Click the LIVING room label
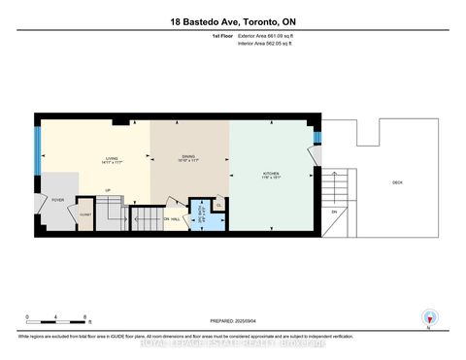tap(112, 161)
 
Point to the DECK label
tap(398, 183)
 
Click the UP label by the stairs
tap(108, 190)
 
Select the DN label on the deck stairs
tap(333, 212)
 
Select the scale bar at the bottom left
tap(57, 323)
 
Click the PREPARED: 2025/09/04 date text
tap(232, 320)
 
